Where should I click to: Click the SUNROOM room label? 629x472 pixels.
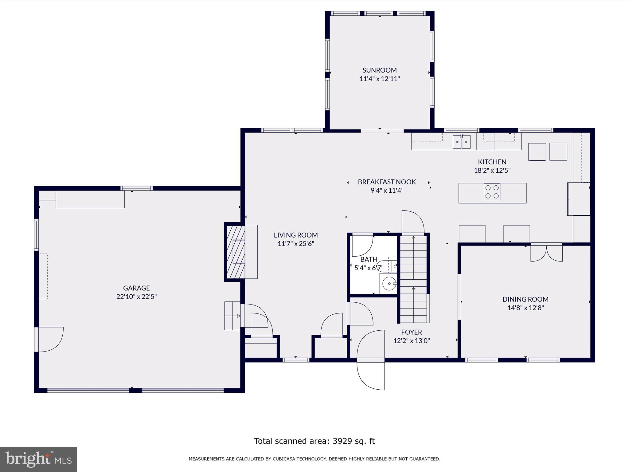[x=380, y=70]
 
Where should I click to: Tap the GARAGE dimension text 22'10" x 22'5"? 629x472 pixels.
[x=136, y=297]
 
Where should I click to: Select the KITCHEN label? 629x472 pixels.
[x=492, y=162]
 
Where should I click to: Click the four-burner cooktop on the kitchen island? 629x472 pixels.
[x=492, y=192]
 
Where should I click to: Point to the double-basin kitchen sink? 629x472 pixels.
[x=462, y=142]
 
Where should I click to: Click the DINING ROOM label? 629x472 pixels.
[x=525, y=299]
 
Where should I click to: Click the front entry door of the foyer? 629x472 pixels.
[x=371, y=360]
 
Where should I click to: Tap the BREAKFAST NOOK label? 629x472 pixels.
[x=387, y=182]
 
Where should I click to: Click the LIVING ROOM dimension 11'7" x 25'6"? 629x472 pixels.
[x=296, y=244]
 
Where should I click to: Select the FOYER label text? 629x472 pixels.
[x=412, y=332]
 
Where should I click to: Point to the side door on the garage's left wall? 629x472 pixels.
[x=49, y=340]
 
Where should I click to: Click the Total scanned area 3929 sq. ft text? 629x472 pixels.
[x=314, y=441]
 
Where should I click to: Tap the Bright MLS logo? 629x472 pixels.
[x=38, y=459]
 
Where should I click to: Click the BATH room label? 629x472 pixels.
[x=369, y=259]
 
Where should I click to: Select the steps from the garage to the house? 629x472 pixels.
[x=232, y=316]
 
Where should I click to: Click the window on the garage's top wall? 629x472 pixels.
[x=137, y=188]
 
